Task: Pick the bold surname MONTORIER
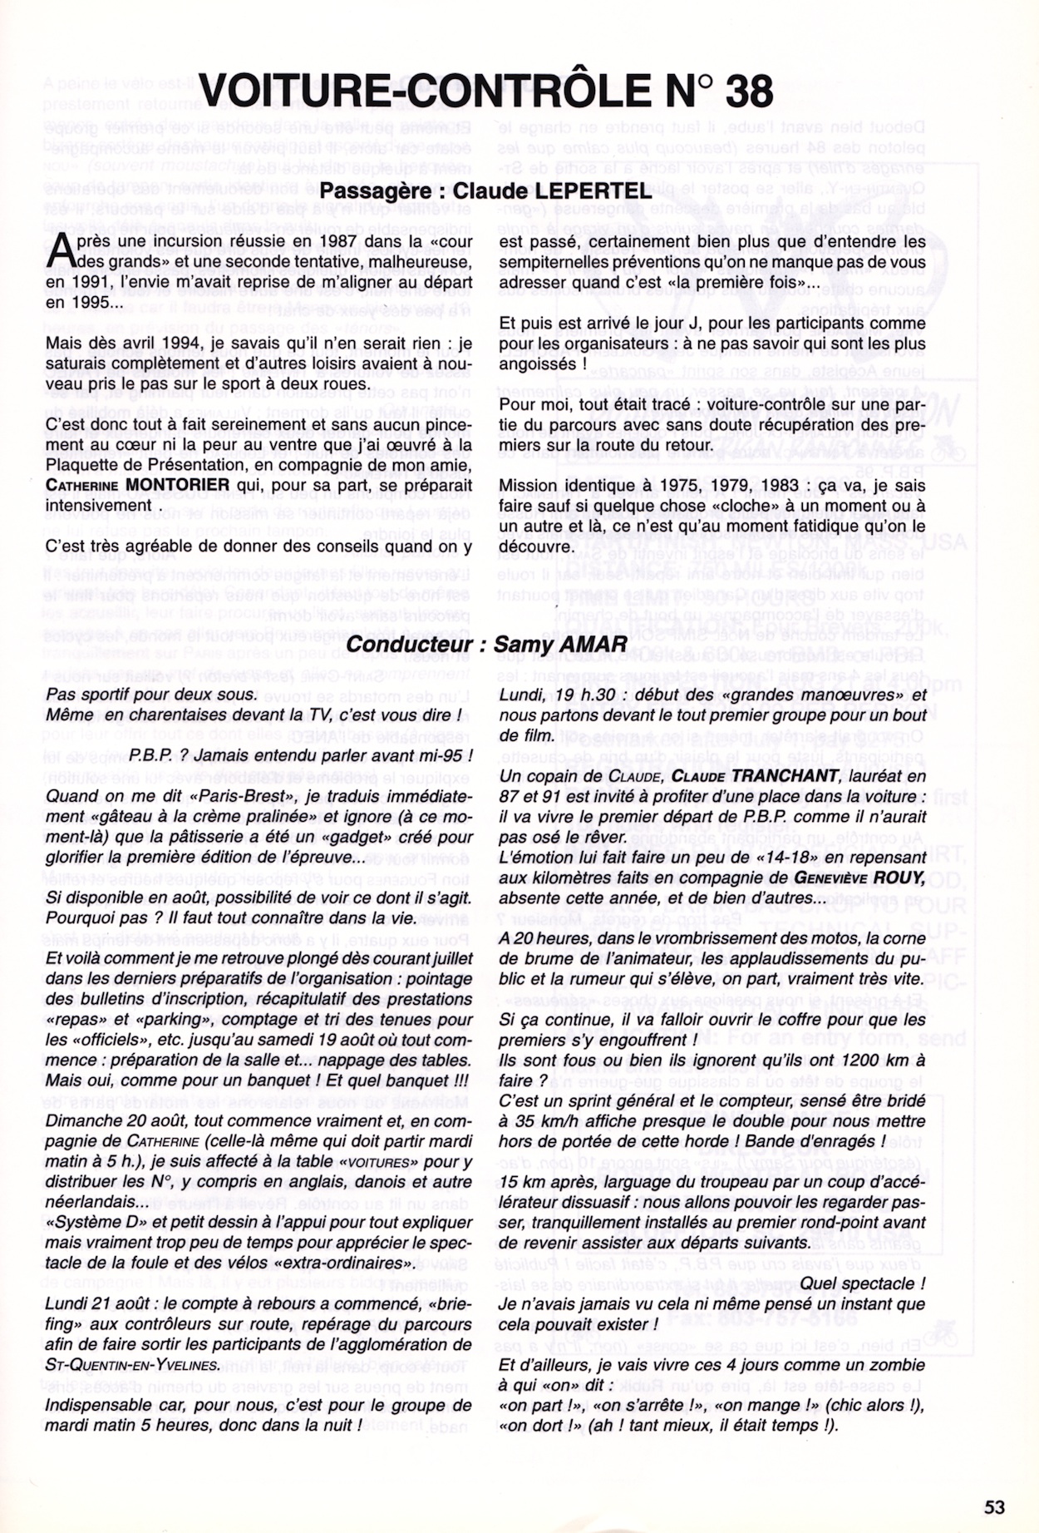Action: pos(177,485)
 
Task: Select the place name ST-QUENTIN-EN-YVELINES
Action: pos(133,1365)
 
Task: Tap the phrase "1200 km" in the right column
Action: pos(869,1061)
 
